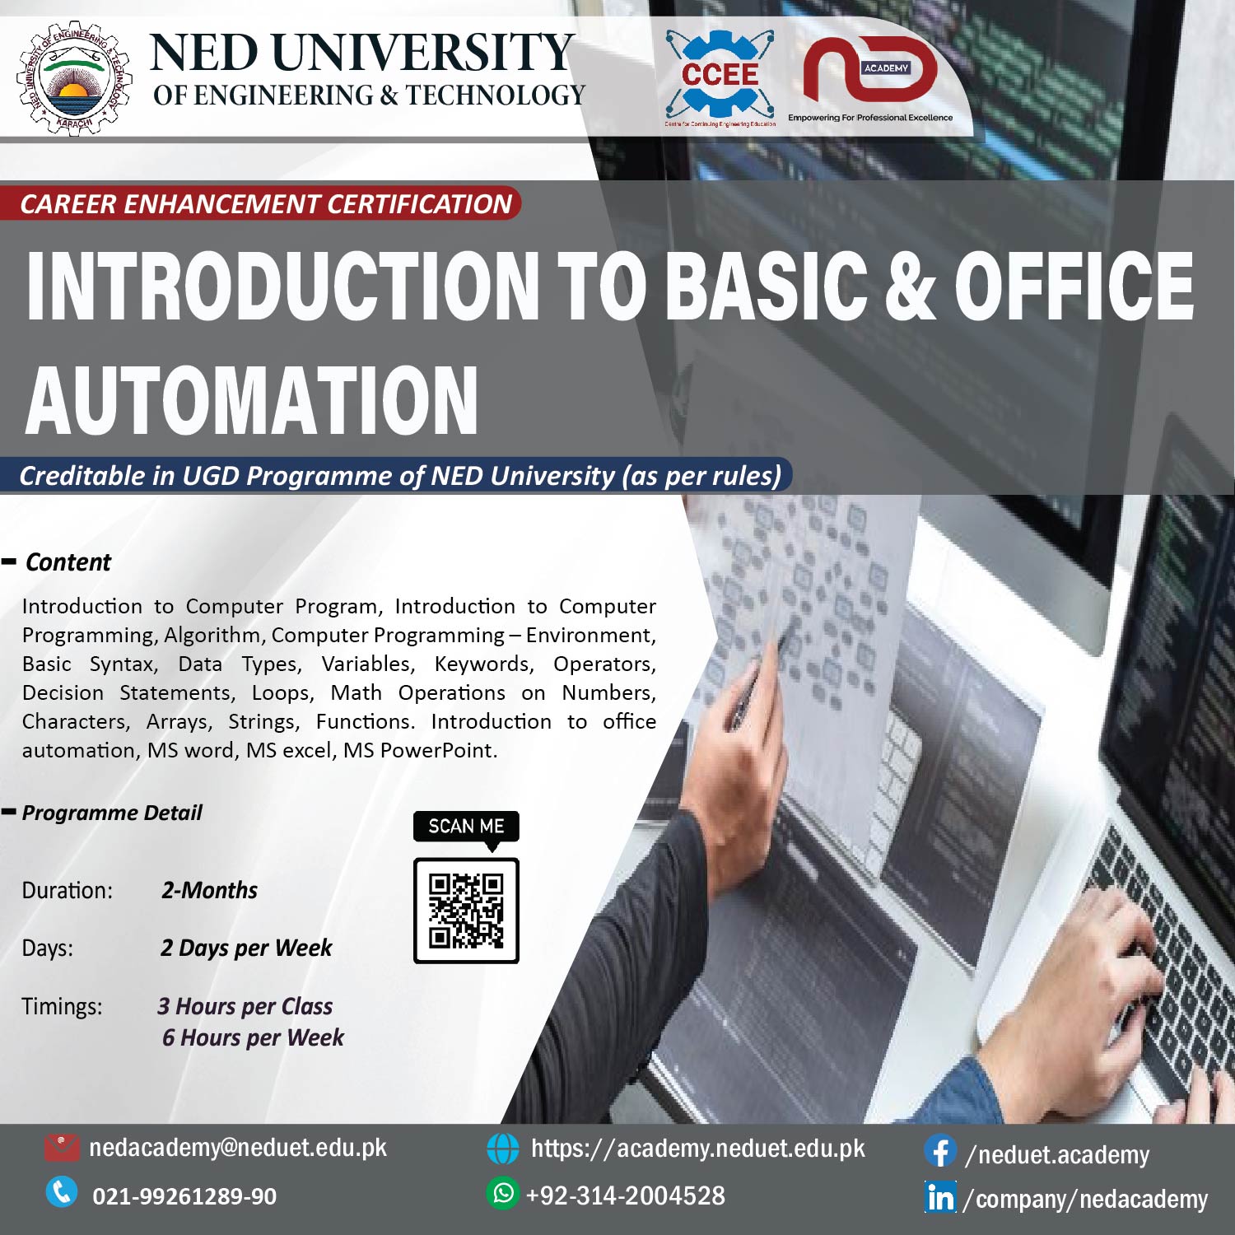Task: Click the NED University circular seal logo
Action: click(73, 78)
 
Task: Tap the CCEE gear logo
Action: click(720, 74)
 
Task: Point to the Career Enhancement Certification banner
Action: click(265, 203)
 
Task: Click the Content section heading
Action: click(68, 562)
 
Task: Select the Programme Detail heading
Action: click(112, 813)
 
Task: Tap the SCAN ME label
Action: click(466, 826)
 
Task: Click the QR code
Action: click(466, 911)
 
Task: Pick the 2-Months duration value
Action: click(209, 890)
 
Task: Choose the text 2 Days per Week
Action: click(246, 948)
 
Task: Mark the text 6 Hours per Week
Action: click(253, 1037)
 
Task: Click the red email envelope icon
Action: click(62, 1147)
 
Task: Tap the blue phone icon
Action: click(62, 1192)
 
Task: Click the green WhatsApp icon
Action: click(502, 1193)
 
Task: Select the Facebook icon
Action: click(939, 1151)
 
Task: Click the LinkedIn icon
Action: click(940, 1197)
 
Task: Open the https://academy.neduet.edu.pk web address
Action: click(697, 1149)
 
